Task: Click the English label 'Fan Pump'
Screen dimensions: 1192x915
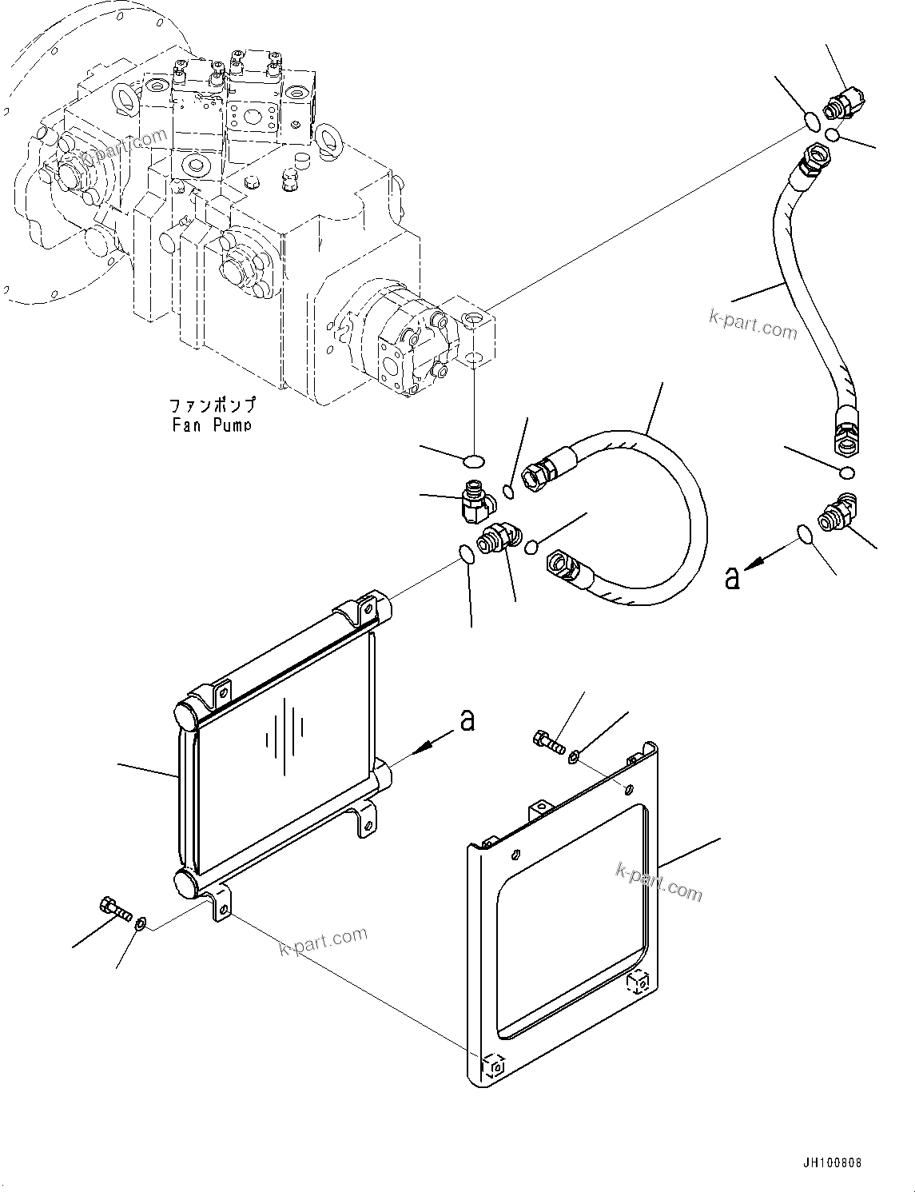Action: click(x=212, y=425)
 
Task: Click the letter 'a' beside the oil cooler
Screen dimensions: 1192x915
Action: click(x=467, y=720)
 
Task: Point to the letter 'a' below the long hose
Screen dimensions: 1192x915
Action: click(x=731, y=576)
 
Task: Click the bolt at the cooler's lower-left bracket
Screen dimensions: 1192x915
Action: click(x=114, y=909)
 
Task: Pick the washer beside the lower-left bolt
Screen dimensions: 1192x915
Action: click(x=140, y=925)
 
